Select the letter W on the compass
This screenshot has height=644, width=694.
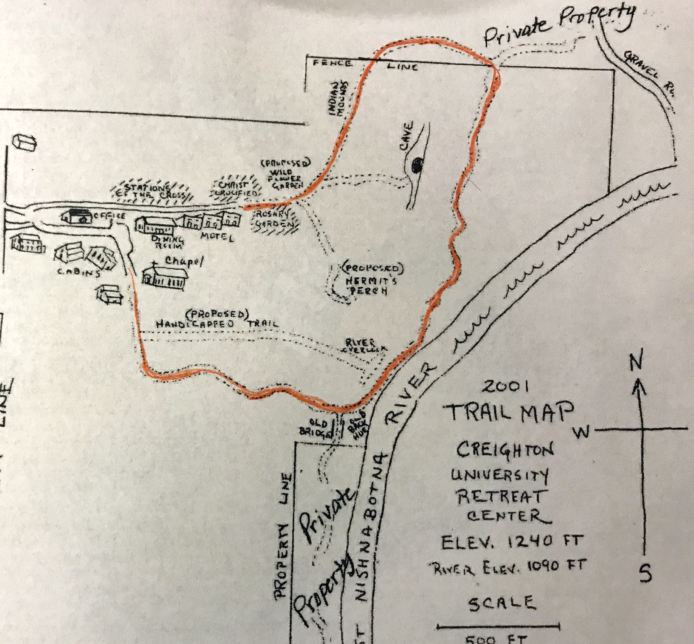coord(583,432)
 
